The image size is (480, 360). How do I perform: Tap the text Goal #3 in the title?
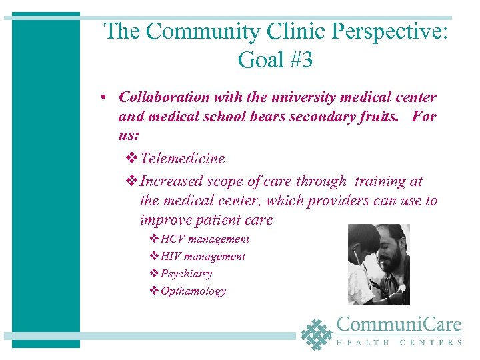[x=275, y=60]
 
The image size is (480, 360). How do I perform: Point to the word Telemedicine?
[x=183, y=159]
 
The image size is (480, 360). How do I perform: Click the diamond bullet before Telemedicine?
[x=131, y=159]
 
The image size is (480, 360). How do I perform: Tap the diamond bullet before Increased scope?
[x=131, y=181]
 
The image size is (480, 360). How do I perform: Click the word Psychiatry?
[x=186, y=273]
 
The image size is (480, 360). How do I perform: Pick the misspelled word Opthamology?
[x=193, y=291]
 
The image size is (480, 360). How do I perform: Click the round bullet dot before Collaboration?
[x=106, y=98]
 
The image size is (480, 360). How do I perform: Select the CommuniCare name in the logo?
[x=399, y=325]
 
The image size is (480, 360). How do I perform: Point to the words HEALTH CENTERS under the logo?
[x=399, y=343]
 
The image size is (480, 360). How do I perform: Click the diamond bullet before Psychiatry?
[x=154, y=273]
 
